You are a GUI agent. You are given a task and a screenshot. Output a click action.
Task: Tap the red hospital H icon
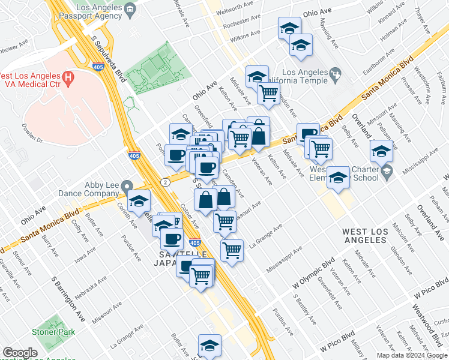pos(68,77)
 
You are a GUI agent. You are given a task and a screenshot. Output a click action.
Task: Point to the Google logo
pos(20,353)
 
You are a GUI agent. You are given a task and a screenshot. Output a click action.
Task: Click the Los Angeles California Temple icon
pos(336,74)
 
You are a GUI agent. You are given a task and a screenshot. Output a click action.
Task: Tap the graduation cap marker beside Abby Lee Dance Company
pos(139,202)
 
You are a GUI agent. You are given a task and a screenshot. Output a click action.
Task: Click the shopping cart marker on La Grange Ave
pos(232,250)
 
